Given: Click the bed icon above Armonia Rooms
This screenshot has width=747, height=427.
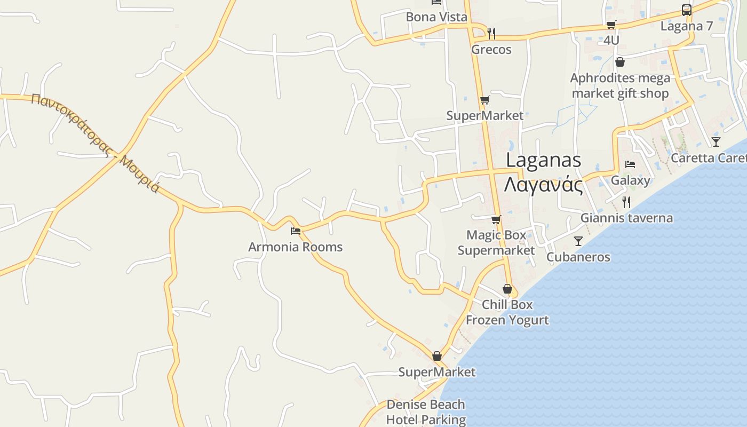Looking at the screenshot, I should (296, 231).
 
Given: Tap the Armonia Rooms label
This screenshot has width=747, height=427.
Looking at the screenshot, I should (295, 247).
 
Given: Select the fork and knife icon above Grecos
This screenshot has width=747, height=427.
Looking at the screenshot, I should (491, 33).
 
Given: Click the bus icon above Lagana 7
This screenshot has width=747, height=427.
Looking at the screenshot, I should (687, 10).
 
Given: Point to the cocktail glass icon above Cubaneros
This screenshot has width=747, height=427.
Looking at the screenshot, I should (578, 241).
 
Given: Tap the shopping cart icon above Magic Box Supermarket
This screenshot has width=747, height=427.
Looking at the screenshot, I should (496, 219).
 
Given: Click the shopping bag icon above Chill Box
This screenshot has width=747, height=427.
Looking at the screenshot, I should (507, 289).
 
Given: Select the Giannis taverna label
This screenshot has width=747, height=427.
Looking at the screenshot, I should (626, 218).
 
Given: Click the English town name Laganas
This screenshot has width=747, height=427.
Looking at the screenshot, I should (543, 160).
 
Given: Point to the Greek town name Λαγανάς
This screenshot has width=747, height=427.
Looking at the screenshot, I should (543, 185).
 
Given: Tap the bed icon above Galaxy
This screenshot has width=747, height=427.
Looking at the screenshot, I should (630, 164).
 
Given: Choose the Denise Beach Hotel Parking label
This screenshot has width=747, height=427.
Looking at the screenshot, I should (426, 412).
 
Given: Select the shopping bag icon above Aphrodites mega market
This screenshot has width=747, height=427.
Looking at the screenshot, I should (619, 62).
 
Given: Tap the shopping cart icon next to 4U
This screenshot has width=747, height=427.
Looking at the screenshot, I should (611, 25).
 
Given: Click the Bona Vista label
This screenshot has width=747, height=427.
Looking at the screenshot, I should (436, 17).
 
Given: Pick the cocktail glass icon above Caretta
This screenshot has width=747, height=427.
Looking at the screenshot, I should (716, 142).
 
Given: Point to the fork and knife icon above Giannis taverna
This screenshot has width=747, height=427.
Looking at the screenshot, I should (626, 202).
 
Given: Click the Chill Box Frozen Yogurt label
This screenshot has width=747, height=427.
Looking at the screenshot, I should (507, 312).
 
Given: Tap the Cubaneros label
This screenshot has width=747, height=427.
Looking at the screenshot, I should (578, 257).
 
